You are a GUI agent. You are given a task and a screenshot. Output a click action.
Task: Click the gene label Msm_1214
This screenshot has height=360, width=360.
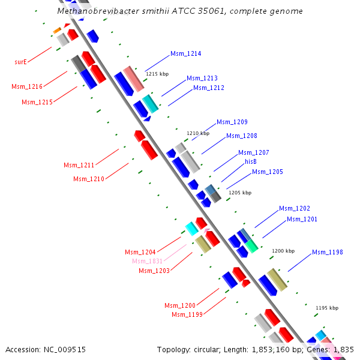click(186, 54)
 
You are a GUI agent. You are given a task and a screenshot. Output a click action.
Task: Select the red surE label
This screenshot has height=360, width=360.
click(20, 62)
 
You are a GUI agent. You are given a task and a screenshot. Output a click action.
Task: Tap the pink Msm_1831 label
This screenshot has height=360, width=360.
click(148, 261)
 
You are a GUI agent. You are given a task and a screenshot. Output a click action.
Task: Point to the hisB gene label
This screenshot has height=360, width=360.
click(251, 161)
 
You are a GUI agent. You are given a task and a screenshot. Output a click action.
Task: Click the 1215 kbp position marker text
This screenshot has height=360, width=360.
click(157, 74)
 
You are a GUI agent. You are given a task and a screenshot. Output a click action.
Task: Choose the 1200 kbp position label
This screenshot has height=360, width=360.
click(283, 251)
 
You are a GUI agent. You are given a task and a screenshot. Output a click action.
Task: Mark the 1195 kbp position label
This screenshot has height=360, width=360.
click(327, 308)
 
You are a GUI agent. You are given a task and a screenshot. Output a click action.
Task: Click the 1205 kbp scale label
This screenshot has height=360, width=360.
click(240, 193)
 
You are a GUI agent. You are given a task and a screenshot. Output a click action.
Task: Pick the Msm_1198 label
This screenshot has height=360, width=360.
click(328, 253)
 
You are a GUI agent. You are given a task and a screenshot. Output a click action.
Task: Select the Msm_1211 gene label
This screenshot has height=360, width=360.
click(79, 165)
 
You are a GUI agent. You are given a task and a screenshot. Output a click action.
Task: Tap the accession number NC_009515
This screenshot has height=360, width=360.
click(65, 350)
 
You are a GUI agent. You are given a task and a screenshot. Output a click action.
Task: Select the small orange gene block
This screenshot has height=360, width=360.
click(57, 31)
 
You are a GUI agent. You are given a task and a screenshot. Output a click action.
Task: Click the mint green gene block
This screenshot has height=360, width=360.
click(251, 246)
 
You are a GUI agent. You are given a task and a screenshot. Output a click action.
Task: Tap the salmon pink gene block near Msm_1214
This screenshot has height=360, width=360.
click(134, 79)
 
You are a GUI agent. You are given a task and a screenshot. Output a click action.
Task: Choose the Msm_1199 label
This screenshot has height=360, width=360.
click(187, 314)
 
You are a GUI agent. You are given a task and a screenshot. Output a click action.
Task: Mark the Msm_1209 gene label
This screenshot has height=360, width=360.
click(232, 122)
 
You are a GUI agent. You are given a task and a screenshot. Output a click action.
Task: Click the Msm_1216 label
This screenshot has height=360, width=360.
click(27, 86)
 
